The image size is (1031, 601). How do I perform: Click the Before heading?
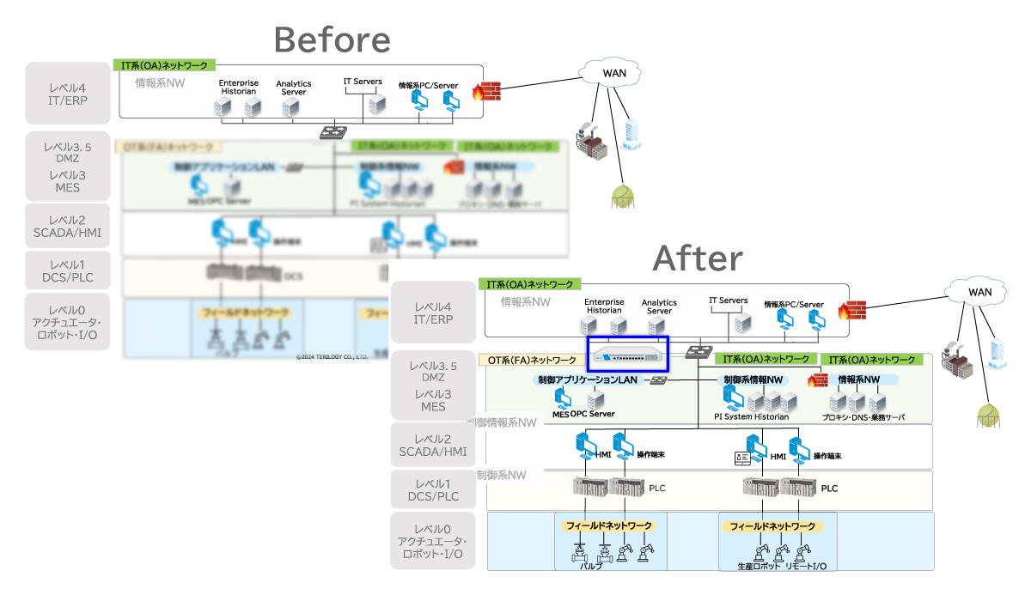tap(332, 39)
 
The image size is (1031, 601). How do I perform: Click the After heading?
tap(698, 257)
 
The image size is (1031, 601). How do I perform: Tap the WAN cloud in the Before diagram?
tap(613, 72)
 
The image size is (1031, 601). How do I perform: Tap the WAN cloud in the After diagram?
tap(979, 291)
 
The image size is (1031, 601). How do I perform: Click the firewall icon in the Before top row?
tap(486, 91)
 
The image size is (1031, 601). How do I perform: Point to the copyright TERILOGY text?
tap(332, 355)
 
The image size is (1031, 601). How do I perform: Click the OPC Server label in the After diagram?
tap(593, 414)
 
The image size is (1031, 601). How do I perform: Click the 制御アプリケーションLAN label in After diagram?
tap(588, 379)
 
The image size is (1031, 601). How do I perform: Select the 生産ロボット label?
tap(758, 567)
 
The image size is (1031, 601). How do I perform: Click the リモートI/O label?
tap(806, 567)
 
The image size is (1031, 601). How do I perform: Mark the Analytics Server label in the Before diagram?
tap(294, 88)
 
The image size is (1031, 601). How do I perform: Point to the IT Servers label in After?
tap(728, 300)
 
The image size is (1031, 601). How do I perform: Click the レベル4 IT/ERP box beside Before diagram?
tap(68, 94)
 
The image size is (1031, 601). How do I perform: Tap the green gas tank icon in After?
tap(988, 416)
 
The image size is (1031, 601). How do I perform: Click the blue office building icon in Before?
tap(632, 136)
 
